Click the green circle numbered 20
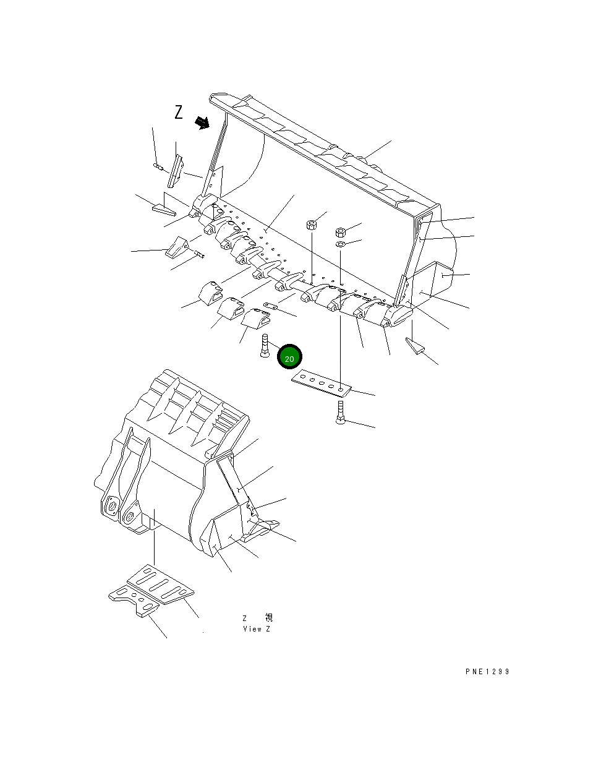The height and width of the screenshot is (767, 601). point(289,358)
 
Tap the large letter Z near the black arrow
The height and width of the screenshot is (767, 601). point(179,113)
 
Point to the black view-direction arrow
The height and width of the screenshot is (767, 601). point(202,123)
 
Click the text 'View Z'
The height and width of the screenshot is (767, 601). point(256,629)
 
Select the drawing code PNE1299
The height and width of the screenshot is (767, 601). point(487,672)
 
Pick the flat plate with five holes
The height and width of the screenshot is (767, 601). point(321,382)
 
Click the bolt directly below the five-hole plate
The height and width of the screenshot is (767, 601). point(341,413)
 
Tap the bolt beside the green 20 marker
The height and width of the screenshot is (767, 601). point(265,345)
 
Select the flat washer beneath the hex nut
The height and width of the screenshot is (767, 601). point(341,244)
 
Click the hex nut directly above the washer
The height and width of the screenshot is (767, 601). point(340,232)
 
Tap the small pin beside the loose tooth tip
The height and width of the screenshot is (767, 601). point(198,252)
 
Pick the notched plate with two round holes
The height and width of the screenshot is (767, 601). point(131,601)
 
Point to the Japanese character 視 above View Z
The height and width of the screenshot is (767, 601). point(268,618)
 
